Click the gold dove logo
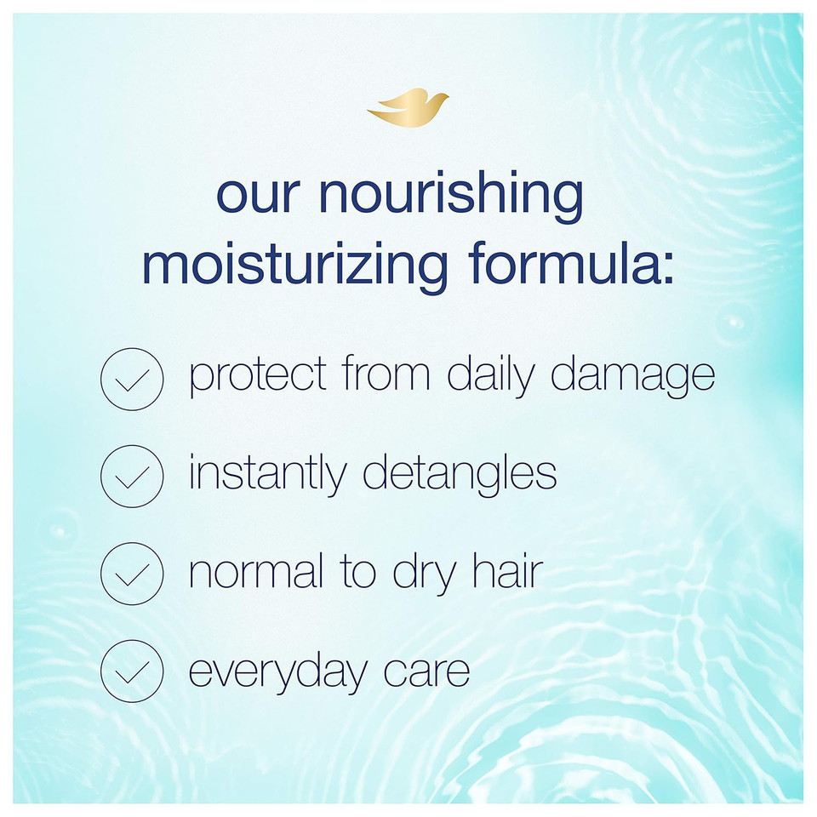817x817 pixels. tap(408, 107)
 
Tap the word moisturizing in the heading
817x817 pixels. tap(294, 266)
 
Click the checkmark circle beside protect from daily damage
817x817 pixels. tap(132, 379)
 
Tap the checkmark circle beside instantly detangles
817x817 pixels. tap(132, 477)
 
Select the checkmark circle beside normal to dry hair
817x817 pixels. tap(132, 574)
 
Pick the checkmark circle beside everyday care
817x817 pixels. tap(132, 671)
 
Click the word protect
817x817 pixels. tap(257, 375)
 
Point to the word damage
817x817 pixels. tap(632, 375)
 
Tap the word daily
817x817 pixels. tap(490, 375)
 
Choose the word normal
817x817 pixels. tap(256, 570)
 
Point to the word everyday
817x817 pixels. tap(277, 673)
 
